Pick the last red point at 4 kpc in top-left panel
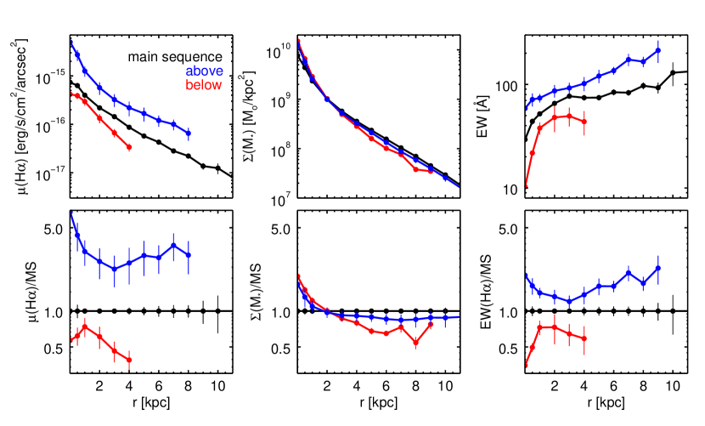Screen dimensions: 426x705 click(x=129, y=147)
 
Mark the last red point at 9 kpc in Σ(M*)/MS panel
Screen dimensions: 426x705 click(x=431, y=325)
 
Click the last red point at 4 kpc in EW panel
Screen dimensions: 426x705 click(x=584, y=122)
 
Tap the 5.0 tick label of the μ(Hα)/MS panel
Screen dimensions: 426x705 click(x=54, y=229)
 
